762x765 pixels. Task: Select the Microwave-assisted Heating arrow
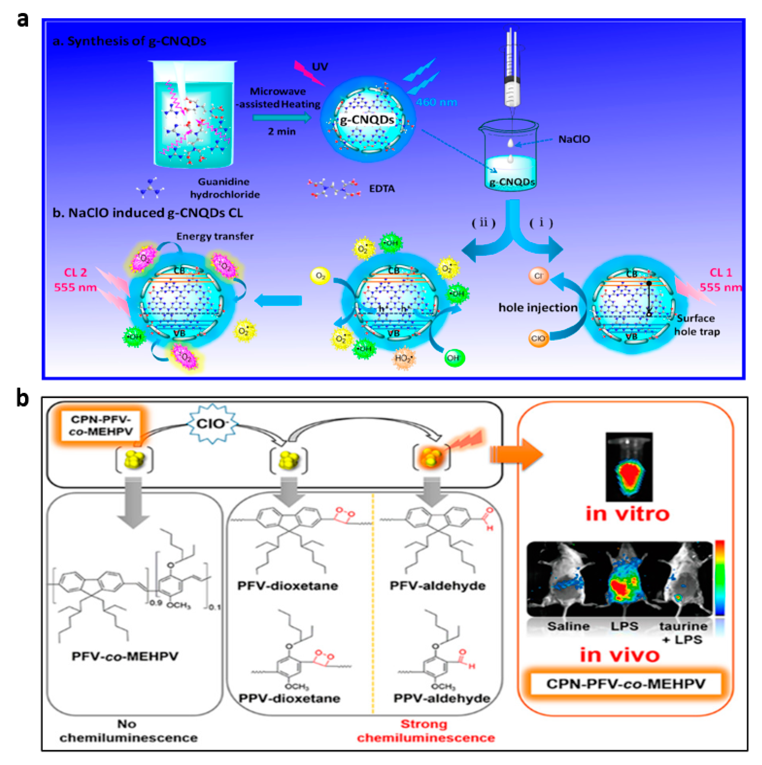point(282,118)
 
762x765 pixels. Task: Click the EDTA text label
point(381,189)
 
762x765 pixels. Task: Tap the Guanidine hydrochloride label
point(224,188)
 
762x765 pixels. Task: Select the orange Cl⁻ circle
point(539,276)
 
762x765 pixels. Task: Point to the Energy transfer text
point(215,236)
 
